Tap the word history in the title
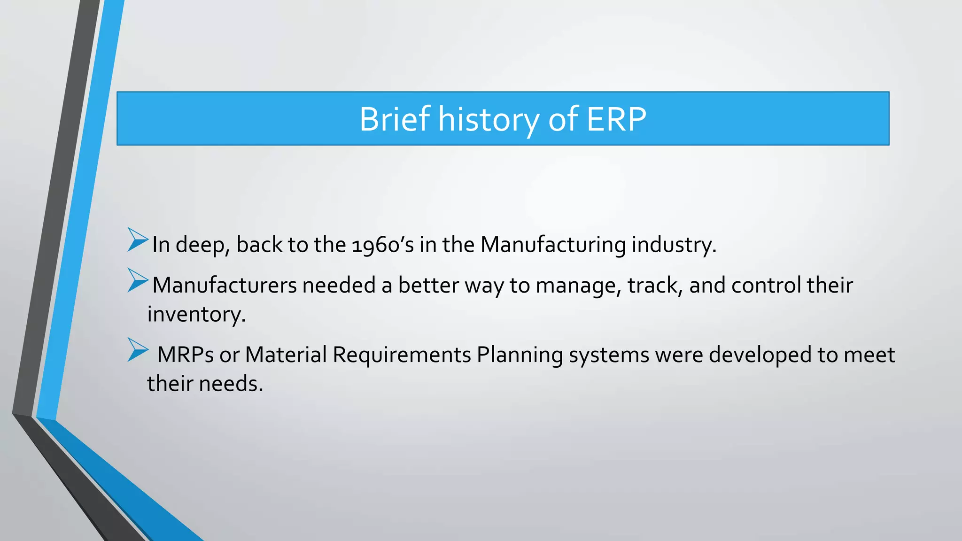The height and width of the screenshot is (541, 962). point(489,119)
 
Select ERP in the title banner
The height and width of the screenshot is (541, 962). point(616,119)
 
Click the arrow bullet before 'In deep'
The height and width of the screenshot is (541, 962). point(137,240)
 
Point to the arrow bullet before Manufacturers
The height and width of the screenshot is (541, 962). point(137,280)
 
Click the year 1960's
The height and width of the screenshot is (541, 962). point(382,245)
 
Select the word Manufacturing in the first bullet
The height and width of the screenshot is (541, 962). point(553,245)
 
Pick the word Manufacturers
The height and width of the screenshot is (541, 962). point(225,286)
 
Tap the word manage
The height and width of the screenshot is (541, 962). point(578,286)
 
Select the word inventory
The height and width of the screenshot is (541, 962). point(196,314)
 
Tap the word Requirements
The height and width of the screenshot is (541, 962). point(402,355)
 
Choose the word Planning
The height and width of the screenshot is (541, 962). point(520,355)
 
